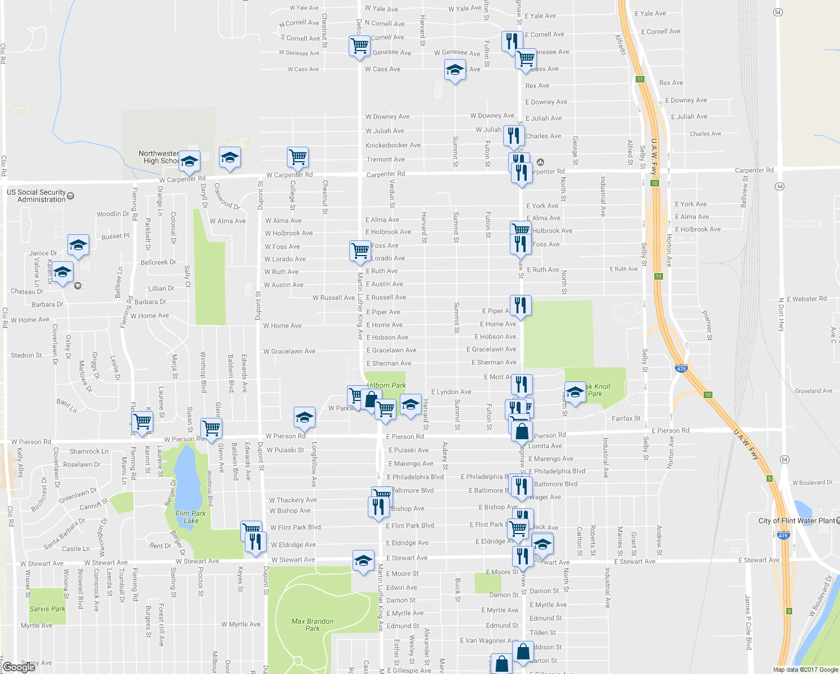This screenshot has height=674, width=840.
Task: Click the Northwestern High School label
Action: click(x=159, y=157)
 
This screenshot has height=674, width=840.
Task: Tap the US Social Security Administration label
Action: click(x=36, y=196)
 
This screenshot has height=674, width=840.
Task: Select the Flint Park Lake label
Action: click(x=191, y=517)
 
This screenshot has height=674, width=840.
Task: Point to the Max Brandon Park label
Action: click(x=312, y=625)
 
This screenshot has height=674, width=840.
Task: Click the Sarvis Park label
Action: click(x=47, y=609)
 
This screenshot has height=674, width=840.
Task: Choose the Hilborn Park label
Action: click(x=386, y=385)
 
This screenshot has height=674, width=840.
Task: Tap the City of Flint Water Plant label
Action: click(x=797, y=521)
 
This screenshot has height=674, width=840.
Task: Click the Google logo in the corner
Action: click(x=19, y=667)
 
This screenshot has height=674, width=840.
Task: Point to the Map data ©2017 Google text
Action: click(x=805, y=670)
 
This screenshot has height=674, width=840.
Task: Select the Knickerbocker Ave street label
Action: click(x=393, y=145)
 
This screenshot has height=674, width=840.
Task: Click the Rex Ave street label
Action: click(x=537, y=86)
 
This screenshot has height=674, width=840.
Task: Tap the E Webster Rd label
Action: click(x=806, y=299)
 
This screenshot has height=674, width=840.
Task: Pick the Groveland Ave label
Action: click(x=814, y=391)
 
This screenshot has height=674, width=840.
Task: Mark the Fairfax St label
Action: click(x=626, y=418)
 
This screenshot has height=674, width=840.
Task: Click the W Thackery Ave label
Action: click(x=293, y=500)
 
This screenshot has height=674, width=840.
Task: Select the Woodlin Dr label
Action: click(x=113, y=214)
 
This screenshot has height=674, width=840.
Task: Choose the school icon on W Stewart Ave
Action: click(x=363, y=561)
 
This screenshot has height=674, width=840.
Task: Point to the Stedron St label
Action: click(x=26, y=356)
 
